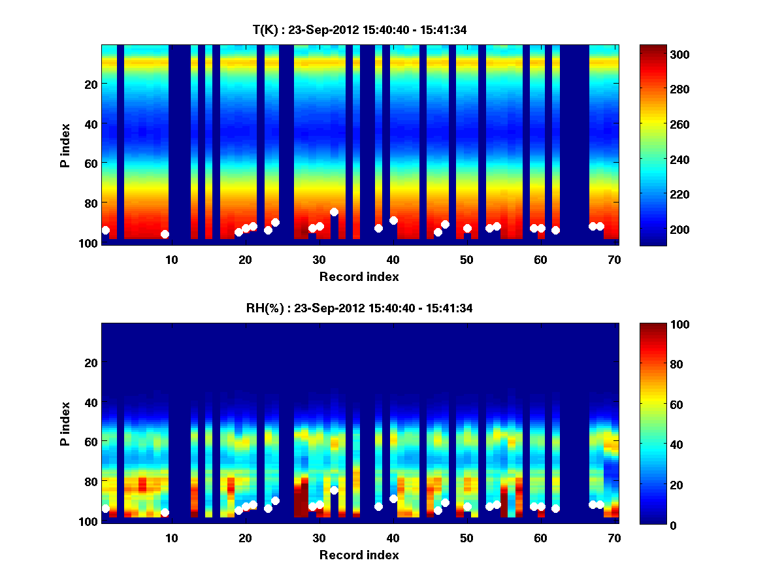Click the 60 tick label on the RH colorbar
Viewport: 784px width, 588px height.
[659, 405]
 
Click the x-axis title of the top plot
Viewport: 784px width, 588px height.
[359, 277]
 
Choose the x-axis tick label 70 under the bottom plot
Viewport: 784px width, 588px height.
[614, 538]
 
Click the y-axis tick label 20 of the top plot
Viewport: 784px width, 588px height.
[90, 84]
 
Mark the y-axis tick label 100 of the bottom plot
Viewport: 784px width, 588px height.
[88, 521]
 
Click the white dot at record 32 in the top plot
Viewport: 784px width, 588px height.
[334, 212]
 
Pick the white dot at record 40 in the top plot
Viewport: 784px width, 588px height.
[393, 220]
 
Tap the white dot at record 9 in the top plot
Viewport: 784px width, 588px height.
[165, 234]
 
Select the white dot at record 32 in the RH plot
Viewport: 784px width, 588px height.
[334, 490]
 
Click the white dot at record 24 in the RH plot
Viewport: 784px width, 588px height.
[275, 500]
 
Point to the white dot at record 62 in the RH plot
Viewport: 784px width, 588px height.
[555, 508]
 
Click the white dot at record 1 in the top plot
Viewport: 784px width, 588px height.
[106, 230]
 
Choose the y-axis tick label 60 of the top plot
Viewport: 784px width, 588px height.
[90, 163]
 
